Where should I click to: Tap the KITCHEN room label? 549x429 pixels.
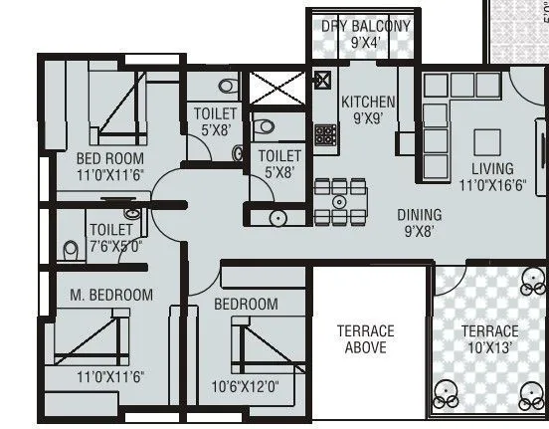[x=368, y=102]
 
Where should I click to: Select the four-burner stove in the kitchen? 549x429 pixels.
[x=324, y=133]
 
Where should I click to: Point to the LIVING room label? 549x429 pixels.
[x=492, y=168]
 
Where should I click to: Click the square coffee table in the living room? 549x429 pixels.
[x=486, y=138]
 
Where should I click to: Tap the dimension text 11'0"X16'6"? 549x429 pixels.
[x=492, y=184]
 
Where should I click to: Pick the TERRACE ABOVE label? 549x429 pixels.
[x=365, y=339]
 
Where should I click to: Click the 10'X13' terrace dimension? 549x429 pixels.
[x=489, y=347]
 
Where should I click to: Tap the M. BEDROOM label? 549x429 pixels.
[x=111, y=295]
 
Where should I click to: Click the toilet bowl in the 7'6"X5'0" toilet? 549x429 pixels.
[x=71, y=248]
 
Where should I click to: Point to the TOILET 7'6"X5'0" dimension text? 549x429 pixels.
[x=114, y=246]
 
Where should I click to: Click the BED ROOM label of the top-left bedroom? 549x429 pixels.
[x=109, y=158]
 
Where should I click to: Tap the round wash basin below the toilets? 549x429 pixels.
[x=278, y=217]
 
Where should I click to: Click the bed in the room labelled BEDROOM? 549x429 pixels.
[x=259, y=347]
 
